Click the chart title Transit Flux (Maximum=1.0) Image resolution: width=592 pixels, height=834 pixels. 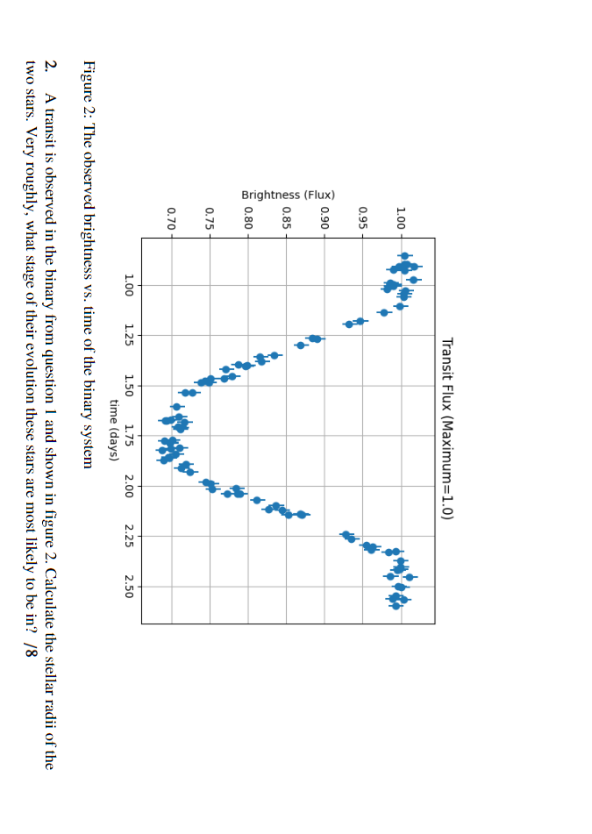tap(446, 430)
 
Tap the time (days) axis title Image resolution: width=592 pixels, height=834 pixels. tap(111, 430)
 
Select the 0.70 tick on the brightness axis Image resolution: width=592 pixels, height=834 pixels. tap(171, 213)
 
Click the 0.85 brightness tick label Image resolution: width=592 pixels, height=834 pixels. tap(287, 213)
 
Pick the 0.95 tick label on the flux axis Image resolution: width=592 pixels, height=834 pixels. tap(363, 213)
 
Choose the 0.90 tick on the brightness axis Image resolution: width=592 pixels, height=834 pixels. tap(325, 213)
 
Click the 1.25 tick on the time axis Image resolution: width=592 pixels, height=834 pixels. tap(129, 335)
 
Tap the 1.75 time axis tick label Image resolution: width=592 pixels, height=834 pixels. tap(129, 436)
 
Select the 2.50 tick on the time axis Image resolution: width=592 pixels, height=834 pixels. tap(129, 587)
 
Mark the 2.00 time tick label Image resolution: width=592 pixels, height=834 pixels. tap(129, 487)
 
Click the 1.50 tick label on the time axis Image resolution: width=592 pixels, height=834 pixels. tap(129, 386)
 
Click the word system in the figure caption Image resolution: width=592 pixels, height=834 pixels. tap(88, 449)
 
